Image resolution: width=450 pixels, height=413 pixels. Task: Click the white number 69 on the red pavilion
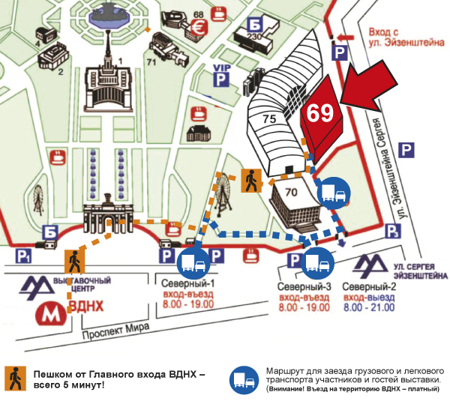(319, 112)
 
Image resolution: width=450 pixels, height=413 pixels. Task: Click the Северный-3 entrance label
(304, 288)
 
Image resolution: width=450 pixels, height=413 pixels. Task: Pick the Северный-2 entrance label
(369, 288)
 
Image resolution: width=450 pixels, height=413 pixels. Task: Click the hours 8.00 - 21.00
(369, 308)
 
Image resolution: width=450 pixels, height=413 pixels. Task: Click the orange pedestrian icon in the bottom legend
(15, 379)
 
